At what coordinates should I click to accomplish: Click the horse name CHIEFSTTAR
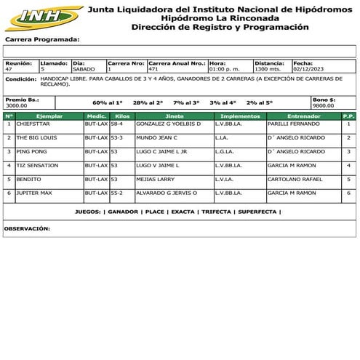pos(33,124)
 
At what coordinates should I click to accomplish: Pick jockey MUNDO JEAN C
pos(156,138)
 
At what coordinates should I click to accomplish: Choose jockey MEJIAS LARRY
pos(155,179)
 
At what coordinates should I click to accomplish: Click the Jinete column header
pos(175,116)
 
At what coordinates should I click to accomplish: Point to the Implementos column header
pos(240,116)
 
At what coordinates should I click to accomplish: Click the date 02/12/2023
pos(307,70)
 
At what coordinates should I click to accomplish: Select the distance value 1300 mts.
pos(268,70)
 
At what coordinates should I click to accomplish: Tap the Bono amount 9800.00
pos(323,105)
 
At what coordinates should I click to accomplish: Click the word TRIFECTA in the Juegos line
pos(215,212)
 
